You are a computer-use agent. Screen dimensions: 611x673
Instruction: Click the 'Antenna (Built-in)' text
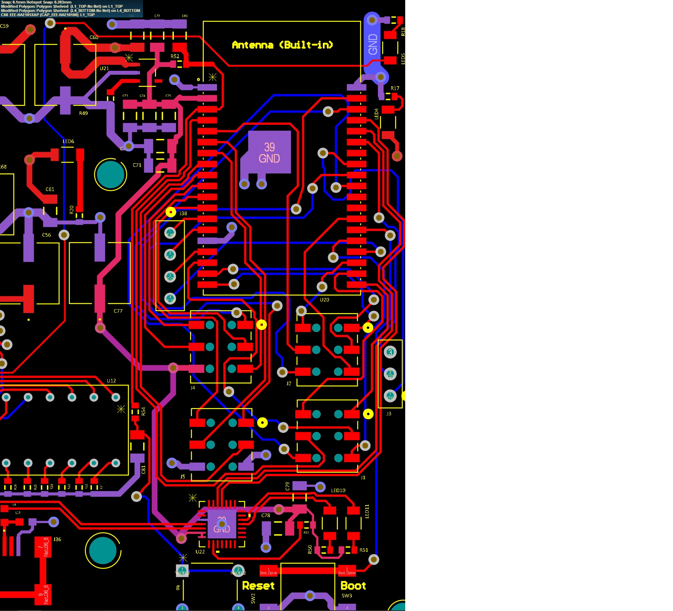tap(282, 45)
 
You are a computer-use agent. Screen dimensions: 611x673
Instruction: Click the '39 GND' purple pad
tap(269, 152)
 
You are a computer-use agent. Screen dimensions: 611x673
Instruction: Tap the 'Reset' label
tap(258, 586)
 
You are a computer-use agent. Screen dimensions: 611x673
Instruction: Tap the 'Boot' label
tap(353, 586)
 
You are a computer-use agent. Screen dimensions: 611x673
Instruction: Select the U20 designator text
tap(324, 300)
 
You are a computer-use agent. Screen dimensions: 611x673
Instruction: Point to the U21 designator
tap(104, 68)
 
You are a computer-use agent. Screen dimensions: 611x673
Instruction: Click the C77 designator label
tap(118, 311)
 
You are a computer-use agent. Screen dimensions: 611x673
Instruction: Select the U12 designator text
tap(111, 381)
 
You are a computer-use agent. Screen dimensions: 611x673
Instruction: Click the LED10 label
tap(338, 490)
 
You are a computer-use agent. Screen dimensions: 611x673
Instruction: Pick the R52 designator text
tap(175, 56)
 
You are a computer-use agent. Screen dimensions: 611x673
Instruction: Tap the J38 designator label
tap(183, 213)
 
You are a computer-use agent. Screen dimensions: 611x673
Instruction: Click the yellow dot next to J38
tap(171, 212)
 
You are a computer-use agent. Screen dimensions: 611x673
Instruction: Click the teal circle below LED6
tap(110, 175)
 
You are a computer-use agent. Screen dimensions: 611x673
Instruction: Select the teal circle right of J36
tap(103, 551)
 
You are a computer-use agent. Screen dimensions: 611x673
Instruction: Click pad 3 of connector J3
tap(390, 352)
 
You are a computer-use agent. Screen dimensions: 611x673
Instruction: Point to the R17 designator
tap(395, 88)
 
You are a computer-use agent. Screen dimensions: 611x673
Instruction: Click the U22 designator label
tap(200, 551)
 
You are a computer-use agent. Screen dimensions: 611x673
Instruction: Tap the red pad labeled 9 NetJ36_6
tap(43, 595)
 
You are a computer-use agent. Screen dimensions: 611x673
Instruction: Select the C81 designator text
tap(143, 469)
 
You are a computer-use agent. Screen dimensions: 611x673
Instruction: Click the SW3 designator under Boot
tap(346, 596)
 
